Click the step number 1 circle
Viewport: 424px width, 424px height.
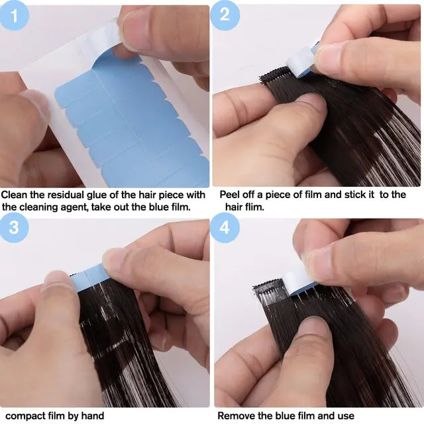coord(15,15)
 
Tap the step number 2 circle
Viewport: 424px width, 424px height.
coord(225,15)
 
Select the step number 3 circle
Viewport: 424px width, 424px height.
coord(15,227)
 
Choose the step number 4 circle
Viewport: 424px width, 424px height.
coord(225,227)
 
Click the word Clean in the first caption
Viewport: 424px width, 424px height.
coord(15,195)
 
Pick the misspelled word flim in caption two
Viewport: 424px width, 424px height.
coord(255,207)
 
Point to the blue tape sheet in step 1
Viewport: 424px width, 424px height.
coord(132,126)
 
